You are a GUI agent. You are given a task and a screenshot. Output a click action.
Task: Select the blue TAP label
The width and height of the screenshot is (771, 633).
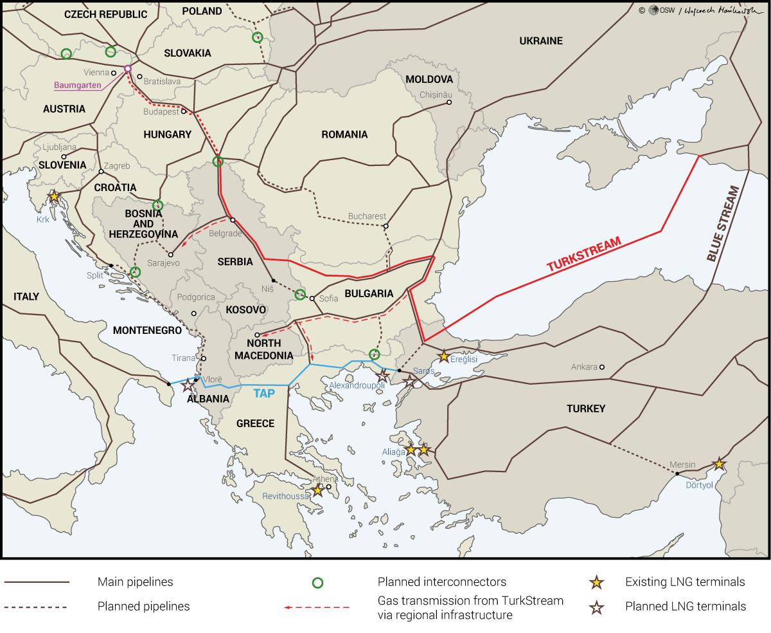[263, 393]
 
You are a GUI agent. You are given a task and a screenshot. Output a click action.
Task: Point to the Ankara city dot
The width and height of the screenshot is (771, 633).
[602, 367]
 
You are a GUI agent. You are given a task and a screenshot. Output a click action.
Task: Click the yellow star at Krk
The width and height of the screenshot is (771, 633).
[55, 196]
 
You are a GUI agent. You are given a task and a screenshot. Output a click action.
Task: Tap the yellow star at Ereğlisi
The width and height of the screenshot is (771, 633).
[443, 356]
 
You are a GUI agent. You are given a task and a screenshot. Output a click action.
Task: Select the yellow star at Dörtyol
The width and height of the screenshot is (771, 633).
[719, 464]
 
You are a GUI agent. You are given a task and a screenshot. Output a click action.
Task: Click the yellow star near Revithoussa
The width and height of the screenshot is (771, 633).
[317, 490]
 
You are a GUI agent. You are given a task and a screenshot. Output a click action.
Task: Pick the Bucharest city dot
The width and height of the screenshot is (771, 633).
[385, 226]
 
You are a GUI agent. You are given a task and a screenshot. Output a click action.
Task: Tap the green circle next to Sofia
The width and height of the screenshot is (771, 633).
[300, 295]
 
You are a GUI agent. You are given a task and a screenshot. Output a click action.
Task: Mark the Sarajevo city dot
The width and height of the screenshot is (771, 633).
[171, 255]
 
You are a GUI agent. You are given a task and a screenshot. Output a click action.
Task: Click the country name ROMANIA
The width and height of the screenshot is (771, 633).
[344, 134]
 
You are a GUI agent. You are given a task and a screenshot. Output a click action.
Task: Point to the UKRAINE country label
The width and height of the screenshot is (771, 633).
[540, 41]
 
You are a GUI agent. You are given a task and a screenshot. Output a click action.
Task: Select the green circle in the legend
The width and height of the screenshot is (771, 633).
[317, 583]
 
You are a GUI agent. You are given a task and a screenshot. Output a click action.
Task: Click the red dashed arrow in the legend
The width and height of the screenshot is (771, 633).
[317, 607]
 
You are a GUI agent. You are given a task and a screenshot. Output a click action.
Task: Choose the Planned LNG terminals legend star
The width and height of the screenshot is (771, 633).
[597, 607]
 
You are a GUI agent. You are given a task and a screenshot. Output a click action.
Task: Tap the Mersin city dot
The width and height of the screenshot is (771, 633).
[677, 473]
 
